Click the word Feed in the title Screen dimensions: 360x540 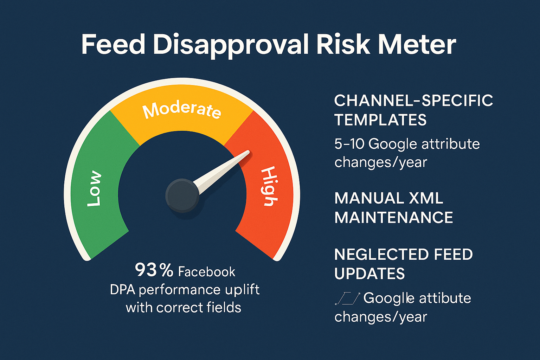113,45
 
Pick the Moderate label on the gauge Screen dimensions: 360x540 182,110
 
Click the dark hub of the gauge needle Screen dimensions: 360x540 182,195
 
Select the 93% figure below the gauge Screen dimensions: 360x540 154,270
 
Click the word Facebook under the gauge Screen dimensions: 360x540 207,272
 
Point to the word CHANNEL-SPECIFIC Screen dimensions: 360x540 413,101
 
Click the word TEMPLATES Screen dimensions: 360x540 380,120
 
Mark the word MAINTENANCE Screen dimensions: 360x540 394,218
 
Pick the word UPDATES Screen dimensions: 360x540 369,274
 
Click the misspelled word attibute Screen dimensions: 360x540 445,298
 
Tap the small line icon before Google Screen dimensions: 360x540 347,298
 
